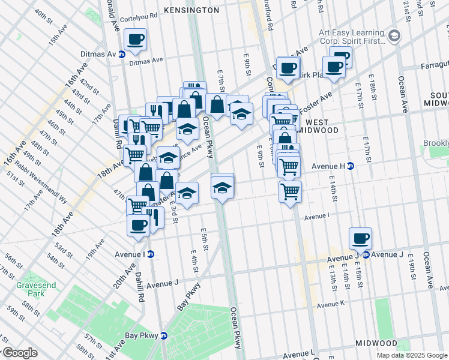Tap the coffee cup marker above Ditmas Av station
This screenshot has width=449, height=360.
click(134, 40)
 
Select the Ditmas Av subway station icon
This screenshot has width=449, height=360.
click(122, 54)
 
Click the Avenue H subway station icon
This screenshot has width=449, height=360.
click(351, 166)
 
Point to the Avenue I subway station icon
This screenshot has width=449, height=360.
click(150, 254)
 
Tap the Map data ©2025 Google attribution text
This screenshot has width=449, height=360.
click(412, 355)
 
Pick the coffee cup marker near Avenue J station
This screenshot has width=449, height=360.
click(360, 238)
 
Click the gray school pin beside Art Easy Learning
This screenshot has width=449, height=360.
click(394, 35)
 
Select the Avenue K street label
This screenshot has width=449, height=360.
click(330, 305)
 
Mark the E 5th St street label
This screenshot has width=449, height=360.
click(205, 235)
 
